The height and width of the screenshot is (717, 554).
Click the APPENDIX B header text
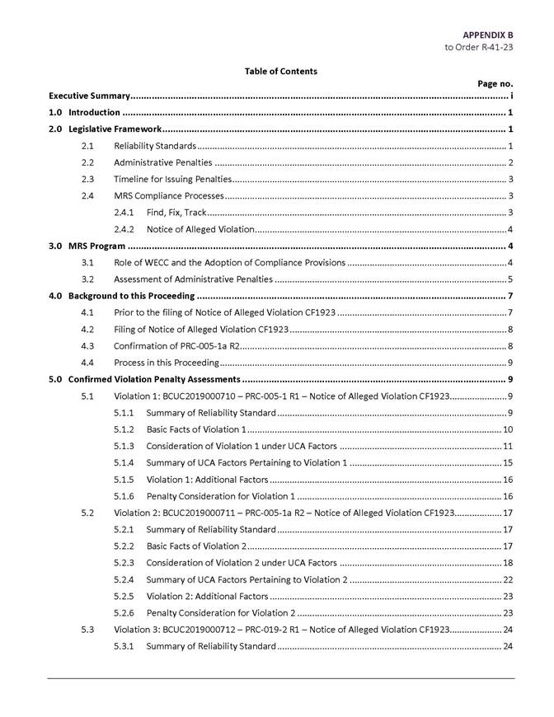[487, 35]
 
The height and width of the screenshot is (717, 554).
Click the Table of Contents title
[280, 72]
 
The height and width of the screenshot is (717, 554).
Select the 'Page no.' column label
[495, 83]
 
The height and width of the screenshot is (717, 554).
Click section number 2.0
[55, 129]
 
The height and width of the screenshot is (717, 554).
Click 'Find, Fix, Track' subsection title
[176, 213]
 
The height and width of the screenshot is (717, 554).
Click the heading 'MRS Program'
[96, 246]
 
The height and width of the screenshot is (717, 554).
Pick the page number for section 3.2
[511, 279]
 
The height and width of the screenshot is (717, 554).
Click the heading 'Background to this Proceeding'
[131, 296]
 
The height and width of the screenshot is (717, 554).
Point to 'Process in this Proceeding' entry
[166, 363]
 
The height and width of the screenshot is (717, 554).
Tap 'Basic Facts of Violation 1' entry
[195, 429]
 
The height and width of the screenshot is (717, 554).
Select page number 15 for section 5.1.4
[508, 462]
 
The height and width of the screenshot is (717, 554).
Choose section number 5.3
[87, 629]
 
